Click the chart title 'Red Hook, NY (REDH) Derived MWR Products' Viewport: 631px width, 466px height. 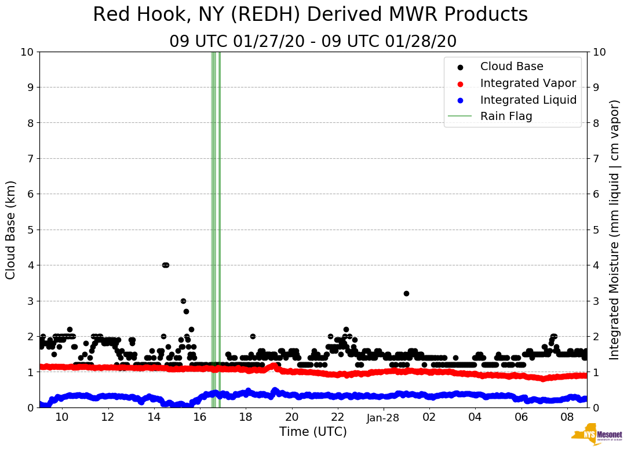tap(310, 15)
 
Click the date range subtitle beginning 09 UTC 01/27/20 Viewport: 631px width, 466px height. tap(313, 42)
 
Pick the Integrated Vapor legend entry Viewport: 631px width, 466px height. tap(527, 83)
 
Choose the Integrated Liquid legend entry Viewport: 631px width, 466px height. tap(528, 100)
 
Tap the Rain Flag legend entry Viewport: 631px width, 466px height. tap(505, 116)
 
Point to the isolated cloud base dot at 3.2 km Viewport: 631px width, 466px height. tap(406, 293)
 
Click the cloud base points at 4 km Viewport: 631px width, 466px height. tap(165, 265)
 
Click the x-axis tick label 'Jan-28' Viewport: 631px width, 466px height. tap(384, 417)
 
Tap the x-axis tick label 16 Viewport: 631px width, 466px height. tap(199, 417)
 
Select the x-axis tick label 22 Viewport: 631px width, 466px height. tap(337, 417)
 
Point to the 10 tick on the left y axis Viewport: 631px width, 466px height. tap(27, 52)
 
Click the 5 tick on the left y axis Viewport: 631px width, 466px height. tap(30, 230)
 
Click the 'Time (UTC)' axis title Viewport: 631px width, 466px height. tap(313, 432)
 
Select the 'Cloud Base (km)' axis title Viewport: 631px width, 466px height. tap(11, 230)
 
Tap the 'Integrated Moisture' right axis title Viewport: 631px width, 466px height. tap(615, 230)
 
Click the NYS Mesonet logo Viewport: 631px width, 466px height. tap(596, 436)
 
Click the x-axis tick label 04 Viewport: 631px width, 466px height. tap(475, 417)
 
